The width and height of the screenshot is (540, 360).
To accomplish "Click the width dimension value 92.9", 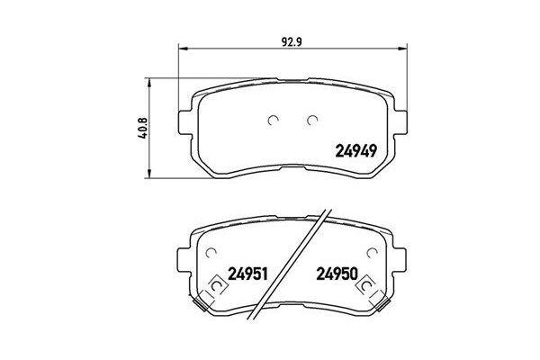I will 288,40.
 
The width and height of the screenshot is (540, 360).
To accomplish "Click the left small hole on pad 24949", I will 274,119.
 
